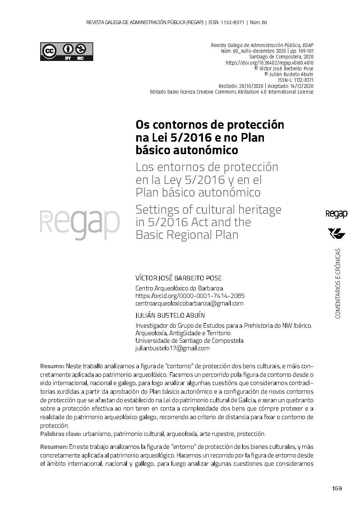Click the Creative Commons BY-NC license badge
coord(66,52)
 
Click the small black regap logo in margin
coord(336,214)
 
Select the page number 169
coord(337,488)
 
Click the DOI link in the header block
coord(269,63)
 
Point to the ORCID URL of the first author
coord(190,296)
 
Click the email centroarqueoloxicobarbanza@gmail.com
coord(189,303)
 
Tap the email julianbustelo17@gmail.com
coord(172,348)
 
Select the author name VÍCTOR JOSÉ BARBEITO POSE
coord(179,278)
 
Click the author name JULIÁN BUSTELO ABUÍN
coord(170,315)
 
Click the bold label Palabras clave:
coord(61,434)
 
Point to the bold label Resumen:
coord(54,447)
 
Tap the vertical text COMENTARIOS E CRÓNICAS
coord(337,283)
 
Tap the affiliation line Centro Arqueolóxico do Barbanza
coord(179,288)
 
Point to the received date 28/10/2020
coord(251,86)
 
